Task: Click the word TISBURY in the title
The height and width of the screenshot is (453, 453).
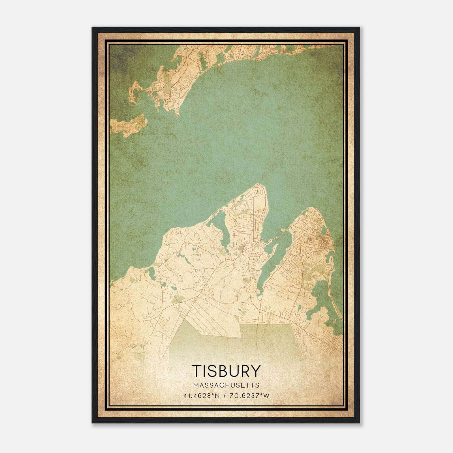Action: pos(226,371)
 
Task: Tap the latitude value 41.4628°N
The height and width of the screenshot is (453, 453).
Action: pos(202,396)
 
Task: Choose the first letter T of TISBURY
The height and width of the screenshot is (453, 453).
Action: pos(196,371)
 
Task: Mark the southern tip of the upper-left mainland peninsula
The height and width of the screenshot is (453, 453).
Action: pos(178,115)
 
